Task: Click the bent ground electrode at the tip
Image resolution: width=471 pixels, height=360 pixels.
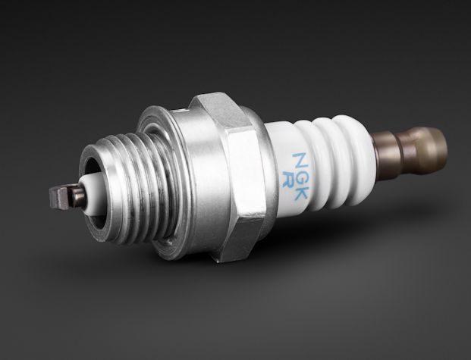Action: coord(59,198)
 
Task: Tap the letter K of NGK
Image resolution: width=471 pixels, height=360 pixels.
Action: coord(300,193)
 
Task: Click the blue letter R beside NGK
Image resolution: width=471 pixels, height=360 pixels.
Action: coord(286,180)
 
